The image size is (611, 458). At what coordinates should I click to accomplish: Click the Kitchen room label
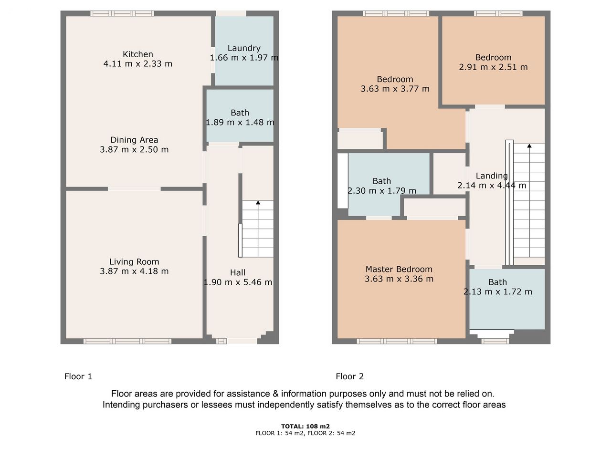pyautogui.click(x=138, y=54)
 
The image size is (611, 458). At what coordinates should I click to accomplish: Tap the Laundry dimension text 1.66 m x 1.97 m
pyautogui.click(x=244, y=58)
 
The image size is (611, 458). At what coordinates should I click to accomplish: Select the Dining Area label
pyautogui.click(x=134, y=140)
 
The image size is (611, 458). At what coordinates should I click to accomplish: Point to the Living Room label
pyautogui.click(x=134, y=261)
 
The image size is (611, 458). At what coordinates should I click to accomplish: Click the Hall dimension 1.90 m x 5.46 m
pyautogui.click(x=238, y=282)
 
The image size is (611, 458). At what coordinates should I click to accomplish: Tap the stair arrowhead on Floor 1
pyautogui.click(x=258, y=202)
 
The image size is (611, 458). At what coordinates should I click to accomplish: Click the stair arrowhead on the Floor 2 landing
pyautogui.click(x=529, y=146)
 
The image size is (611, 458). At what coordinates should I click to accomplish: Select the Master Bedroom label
pyautogui.click(x=399, y=269)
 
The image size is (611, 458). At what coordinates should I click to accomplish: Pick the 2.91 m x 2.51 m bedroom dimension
pyautogui.click(x=493, y=67)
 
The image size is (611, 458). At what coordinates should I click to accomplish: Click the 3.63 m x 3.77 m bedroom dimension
pyautogui.click(x=395, y=89)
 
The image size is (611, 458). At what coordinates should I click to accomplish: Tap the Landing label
pyautogui.click(x=492, y=176)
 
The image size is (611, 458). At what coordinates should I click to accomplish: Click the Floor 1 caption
pyautogui.click(x=78, y=376)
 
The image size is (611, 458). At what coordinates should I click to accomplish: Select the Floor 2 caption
pyautogui.click(x=349, y=376)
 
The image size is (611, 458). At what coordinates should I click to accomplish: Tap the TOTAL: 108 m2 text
pyautogui.click(x=305, y=427)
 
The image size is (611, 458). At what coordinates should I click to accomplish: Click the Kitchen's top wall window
pyautogui.click(x=122, y=13)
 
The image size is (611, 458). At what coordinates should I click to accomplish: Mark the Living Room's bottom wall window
pyautogui.click(x=127, y=341)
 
